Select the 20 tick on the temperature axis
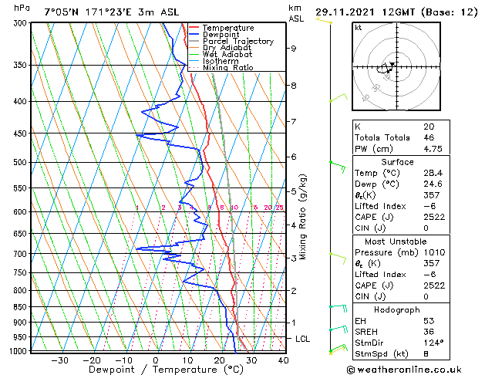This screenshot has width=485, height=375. (220, 360)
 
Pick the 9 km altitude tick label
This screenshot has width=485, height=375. (294, 49)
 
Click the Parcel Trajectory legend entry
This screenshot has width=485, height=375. (238, 41)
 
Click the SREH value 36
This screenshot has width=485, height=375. (429, 332)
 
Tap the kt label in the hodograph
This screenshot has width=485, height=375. (358, 27)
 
